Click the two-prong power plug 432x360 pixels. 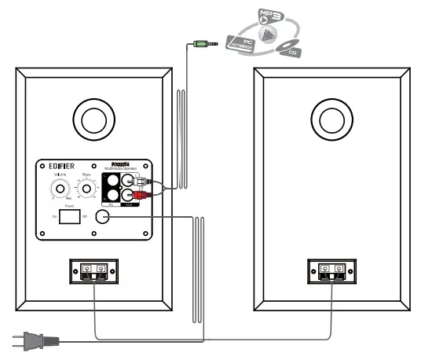pyautogui.click(x=31, y=340)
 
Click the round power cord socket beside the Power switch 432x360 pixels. pyautogui.click(x=101, y=218)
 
